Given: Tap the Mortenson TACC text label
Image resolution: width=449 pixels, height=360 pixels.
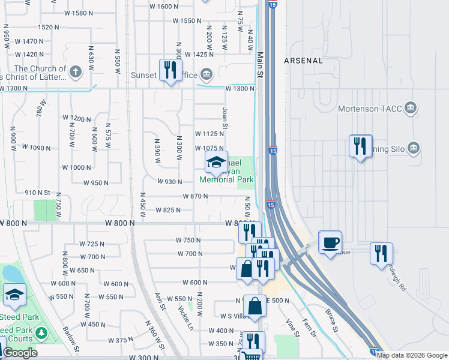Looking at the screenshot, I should tap(367, 109).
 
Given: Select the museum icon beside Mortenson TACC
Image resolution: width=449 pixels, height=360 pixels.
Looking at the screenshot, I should tap(411, 108).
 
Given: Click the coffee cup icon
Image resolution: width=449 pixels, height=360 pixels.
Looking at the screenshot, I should tap(330, 242).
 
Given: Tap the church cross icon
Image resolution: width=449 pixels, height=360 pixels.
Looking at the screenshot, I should tap(74, 73).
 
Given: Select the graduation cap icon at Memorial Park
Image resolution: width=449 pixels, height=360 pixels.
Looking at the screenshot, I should tap(216, 161).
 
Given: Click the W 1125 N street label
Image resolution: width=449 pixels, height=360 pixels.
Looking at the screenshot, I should tap(209, 134).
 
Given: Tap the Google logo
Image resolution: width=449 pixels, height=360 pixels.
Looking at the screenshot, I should tap(20, 353).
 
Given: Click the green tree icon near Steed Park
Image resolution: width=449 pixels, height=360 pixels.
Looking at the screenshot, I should tap(41, 333).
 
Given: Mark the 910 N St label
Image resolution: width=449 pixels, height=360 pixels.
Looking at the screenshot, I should tap(37, 193).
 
